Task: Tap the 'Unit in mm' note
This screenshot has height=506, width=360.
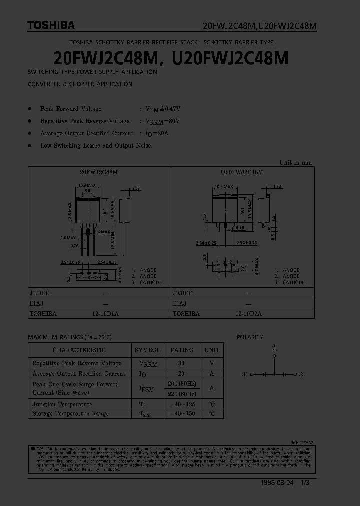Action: tap(295, 162)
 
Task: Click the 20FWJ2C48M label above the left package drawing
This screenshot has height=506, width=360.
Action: tap(99, 172)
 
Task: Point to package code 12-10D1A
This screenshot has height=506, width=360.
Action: tap(105, 314)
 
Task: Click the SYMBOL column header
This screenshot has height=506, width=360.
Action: tap(147, 350)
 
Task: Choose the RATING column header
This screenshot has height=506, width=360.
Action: tap(182, 350)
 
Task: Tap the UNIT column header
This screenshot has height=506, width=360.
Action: tap(212, 350)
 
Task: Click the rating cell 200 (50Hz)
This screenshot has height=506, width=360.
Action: tap(182, 384)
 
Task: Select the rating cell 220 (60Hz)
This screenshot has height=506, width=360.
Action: tap(182, 393)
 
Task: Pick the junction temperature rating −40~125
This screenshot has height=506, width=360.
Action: tap(182, 404)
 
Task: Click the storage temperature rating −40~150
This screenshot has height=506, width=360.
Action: tap(182, 414)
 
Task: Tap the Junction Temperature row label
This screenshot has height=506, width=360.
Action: tap(62, 404)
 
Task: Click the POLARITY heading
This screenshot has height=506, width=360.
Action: tap(250, 337)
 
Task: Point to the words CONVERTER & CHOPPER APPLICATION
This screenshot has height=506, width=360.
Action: tap(80, 84)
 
